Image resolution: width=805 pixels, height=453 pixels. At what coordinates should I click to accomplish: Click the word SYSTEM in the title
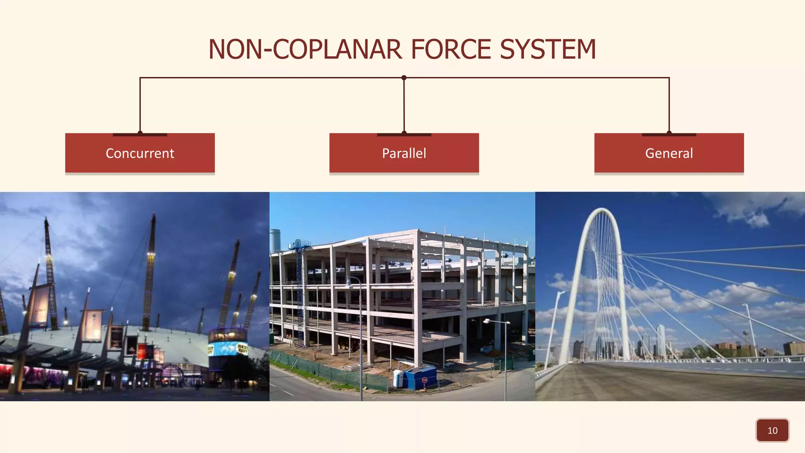(x=548, y=50)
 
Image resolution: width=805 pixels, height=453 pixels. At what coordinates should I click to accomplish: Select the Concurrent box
(x=140, y=153)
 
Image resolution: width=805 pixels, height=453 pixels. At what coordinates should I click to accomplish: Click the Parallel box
(x=404, y=153)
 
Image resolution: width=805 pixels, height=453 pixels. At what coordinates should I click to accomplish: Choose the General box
(x=669, y=153)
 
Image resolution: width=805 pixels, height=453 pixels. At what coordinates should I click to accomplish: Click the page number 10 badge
(x=772, y=430)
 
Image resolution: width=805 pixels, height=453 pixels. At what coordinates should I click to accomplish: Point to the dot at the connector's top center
(x=404, y=78)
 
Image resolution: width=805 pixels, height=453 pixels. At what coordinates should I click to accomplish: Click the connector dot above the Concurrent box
(x=140, y=133)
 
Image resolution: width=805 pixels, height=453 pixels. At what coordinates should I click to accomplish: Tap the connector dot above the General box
(x=669, y=133)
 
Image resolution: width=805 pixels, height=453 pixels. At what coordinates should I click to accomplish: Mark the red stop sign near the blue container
(x=425, y=380)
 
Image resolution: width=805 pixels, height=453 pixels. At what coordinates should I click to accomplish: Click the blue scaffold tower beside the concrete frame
(x=300, y=291)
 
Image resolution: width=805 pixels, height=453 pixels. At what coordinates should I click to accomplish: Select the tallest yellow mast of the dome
(x=150, y=271)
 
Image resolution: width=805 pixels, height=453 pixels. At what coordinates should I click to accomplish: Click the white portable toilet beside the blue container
(x=398, y=378)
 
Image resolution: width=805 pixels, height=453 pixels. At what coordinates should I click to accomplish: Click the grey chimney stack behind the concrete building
(x=275, y=240)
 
